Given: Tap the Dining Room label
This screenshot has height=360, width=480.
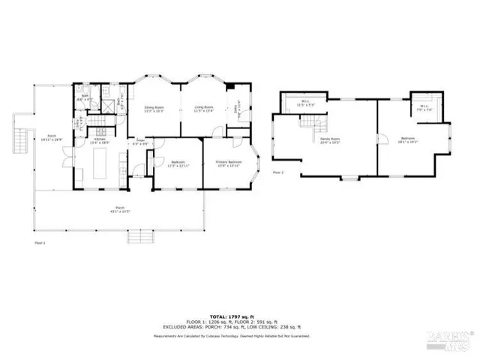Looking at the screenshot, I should click(x=154, y=109).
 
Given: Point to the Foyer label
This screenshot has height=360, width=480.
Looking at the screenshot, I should click(x=139, y=141).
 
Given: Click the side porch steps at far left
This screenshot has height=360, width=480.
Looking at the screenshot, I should click(x=19, y=139).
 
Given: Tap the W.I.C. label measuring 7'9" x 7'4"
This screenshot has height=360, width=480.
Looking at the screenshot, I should click(x=424, y=106).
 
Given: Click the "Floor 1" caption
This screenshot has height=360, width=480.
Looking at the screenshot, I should click(x=40, y=243).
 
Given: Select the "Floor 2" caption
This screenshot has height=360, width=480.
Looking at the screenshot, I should click(x=277, y=172).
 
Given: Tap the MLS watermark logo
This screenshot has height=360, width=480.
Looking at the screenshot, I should click(x=448, y=340).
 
